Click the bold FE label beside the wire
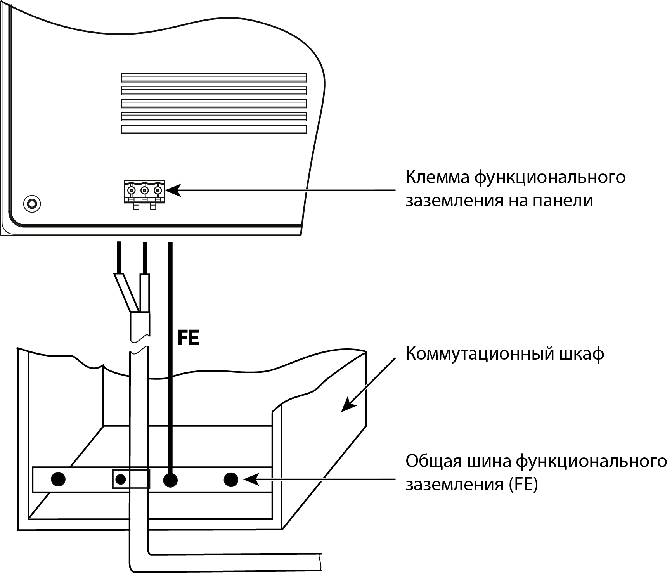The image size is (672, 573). [188, 338]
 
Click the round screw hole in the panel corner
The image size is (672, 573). [32, 203]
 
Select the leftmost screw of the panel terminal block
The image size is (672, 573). [132, 190]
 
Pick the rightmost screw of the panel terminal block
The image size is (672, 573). [158, 190]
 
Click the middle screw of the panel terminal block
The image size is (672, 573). [144, 190]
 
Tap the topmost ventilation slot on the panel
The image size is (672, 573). [214, 78]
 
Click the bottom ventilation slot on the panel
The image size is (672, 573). [214, 130]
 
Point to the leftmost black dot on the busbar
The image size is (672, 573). [58, 479]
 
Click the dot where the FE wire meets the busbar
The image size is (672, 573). [170, 480]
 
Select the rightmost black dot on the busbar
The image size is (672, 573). [231, 480]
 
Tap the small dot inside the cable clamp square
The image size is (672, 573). [121, 480]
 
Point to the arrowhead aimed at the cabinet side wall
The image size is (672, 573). [347, 406]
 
